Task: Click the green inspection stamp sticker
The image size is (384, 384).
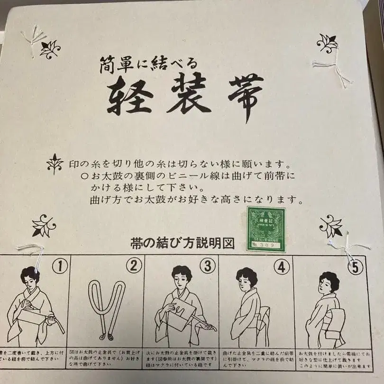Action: [x=266, y=229]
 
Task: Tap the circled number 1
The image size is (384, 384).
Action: [x=60, y=266]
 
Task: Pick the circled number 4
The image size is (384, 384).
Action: [x=282, y=267]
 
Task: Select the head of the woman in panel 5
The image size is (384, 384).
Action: [x=329, y=282]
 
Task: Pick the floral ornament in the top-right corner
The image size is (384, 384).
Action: [x=327, y=43]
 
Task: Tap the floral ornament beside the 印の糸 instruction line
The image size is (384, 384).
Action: [x=55, y=164]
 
